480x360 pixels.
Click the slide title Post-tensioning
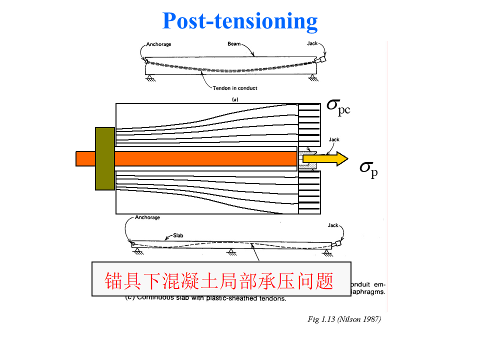(x=240, y=21)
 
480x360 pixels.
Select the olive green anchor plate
(x=105, y=158)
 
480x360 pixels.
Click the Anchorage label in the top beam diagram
(x=158, y=44)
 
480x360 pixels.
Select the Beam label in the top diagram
(x=234, y=44)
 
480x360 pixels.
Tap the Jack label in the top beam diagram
(x=312, y=44)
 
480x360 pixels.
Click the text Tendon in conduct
(x=234, y=88)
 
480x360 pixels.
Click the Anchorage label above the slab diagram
(x=147, y=218)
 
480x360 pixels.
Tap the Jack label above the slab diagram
(x=333, y=225)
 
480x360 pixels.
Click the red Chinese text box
(x=221, y=279)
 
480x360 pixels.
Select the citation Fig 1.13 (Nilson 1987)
(x=343, y=319)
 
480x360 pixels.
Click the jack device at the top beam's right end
(x=320, y=59)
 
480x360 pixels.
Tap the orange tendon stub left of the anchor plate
(x=85, y=158)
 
